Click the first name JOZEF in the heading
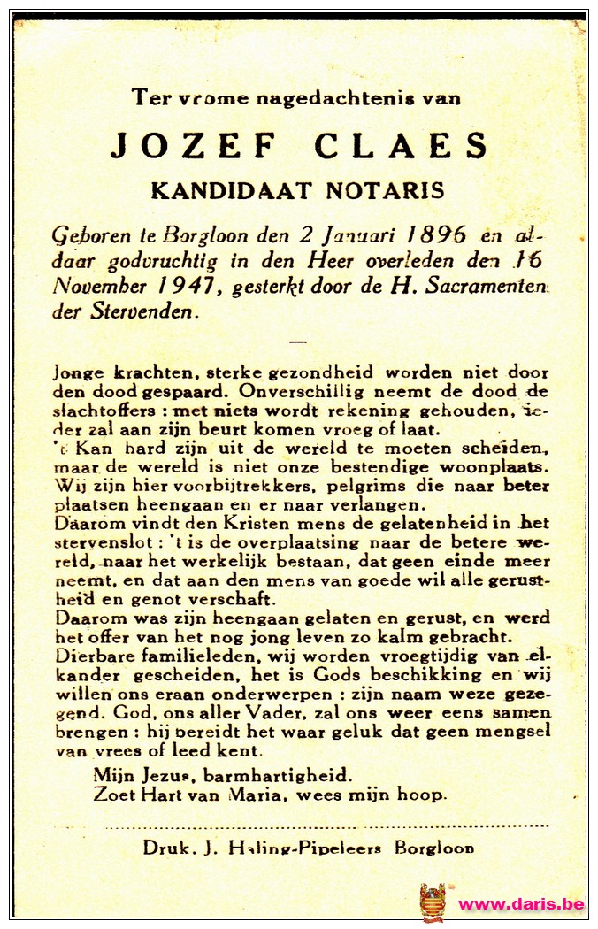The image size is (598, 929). click(194, 146)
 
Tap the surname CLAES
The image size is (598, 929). click(401, 146)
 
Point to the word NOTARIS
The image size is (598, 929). click(387, 190)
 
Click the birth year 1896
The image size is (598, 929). click(439, 235)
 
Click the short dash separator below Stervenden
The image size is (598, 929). click(298, 341)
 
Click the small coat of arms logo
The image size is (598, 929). click(433, 902)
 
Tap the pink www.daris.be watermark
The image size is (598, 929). click(521, 904)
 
